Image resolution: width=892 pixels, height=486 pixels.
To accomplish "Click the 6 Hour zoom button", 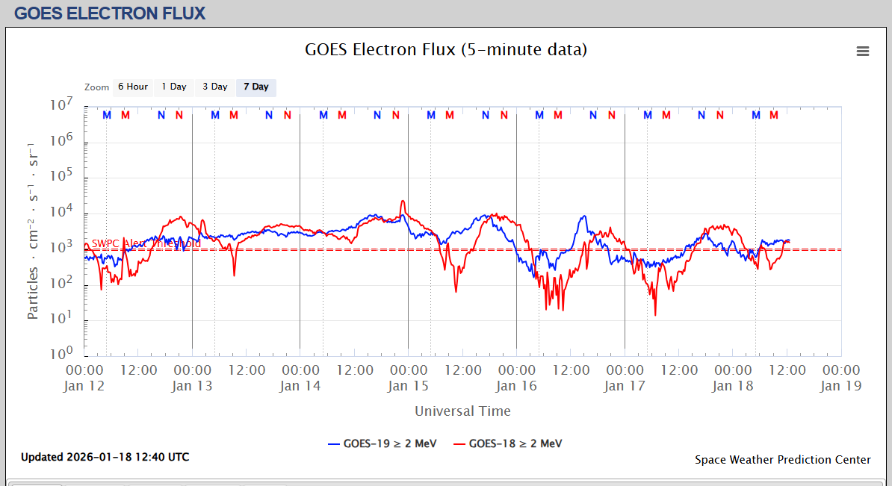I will [x=133, y=87].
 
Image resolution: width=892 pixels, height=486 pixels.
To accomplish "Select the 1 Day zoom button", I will [x=174, y=87].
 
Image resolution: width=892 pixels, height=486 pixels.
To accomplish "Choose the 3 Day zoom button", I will [x=215, y=87].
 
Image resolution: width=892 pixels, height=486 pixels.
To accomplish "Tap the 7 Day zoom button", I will [x=256, y=87].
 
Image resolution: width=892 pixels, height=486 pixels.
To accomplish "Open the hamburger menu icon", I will [x=863, y=51].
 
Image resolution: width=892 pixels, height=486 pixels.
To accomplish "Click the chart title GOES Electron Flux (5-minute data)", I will [x=446, y=50].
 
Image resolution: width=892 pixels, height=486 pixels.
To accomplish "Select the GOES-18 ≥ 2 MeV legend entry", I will [x=508, y=443].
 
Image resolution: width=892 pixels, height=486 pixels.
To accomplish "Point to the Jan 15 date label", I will [x=408, y=386].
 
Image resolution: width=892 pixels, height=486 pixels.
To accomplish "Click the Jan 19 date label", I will [x=841, y=386].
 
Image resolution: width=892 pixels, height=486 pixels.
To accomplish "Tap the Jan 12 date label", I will [x=84, y=386].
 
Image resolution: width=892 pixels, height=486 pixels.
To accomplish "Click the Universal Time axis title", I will [x=462, y=411].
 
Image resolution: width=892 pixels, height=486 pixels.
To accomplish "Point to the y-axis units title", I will [x=34, y=229].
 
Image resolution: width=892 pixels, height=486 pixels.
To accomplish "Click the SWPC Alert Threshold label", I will [x=146, y=243].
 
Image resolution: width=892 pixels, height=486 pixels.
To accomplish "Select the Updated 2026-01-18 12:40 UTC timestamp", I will [x=105, y=457].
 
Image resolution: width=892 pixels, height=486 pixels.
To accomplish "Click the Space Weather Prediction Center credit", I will [x=782, y=460].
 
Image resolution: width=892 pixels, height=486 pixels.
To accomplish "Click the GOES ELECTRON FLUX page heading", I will [x=110, y=13].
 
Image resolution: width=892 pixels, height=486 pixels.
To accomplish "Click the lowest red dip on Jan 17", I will [x=655, y=315].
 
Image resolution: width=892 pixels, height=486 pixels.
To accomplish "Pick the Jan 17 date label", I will [x=625, y=386].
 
